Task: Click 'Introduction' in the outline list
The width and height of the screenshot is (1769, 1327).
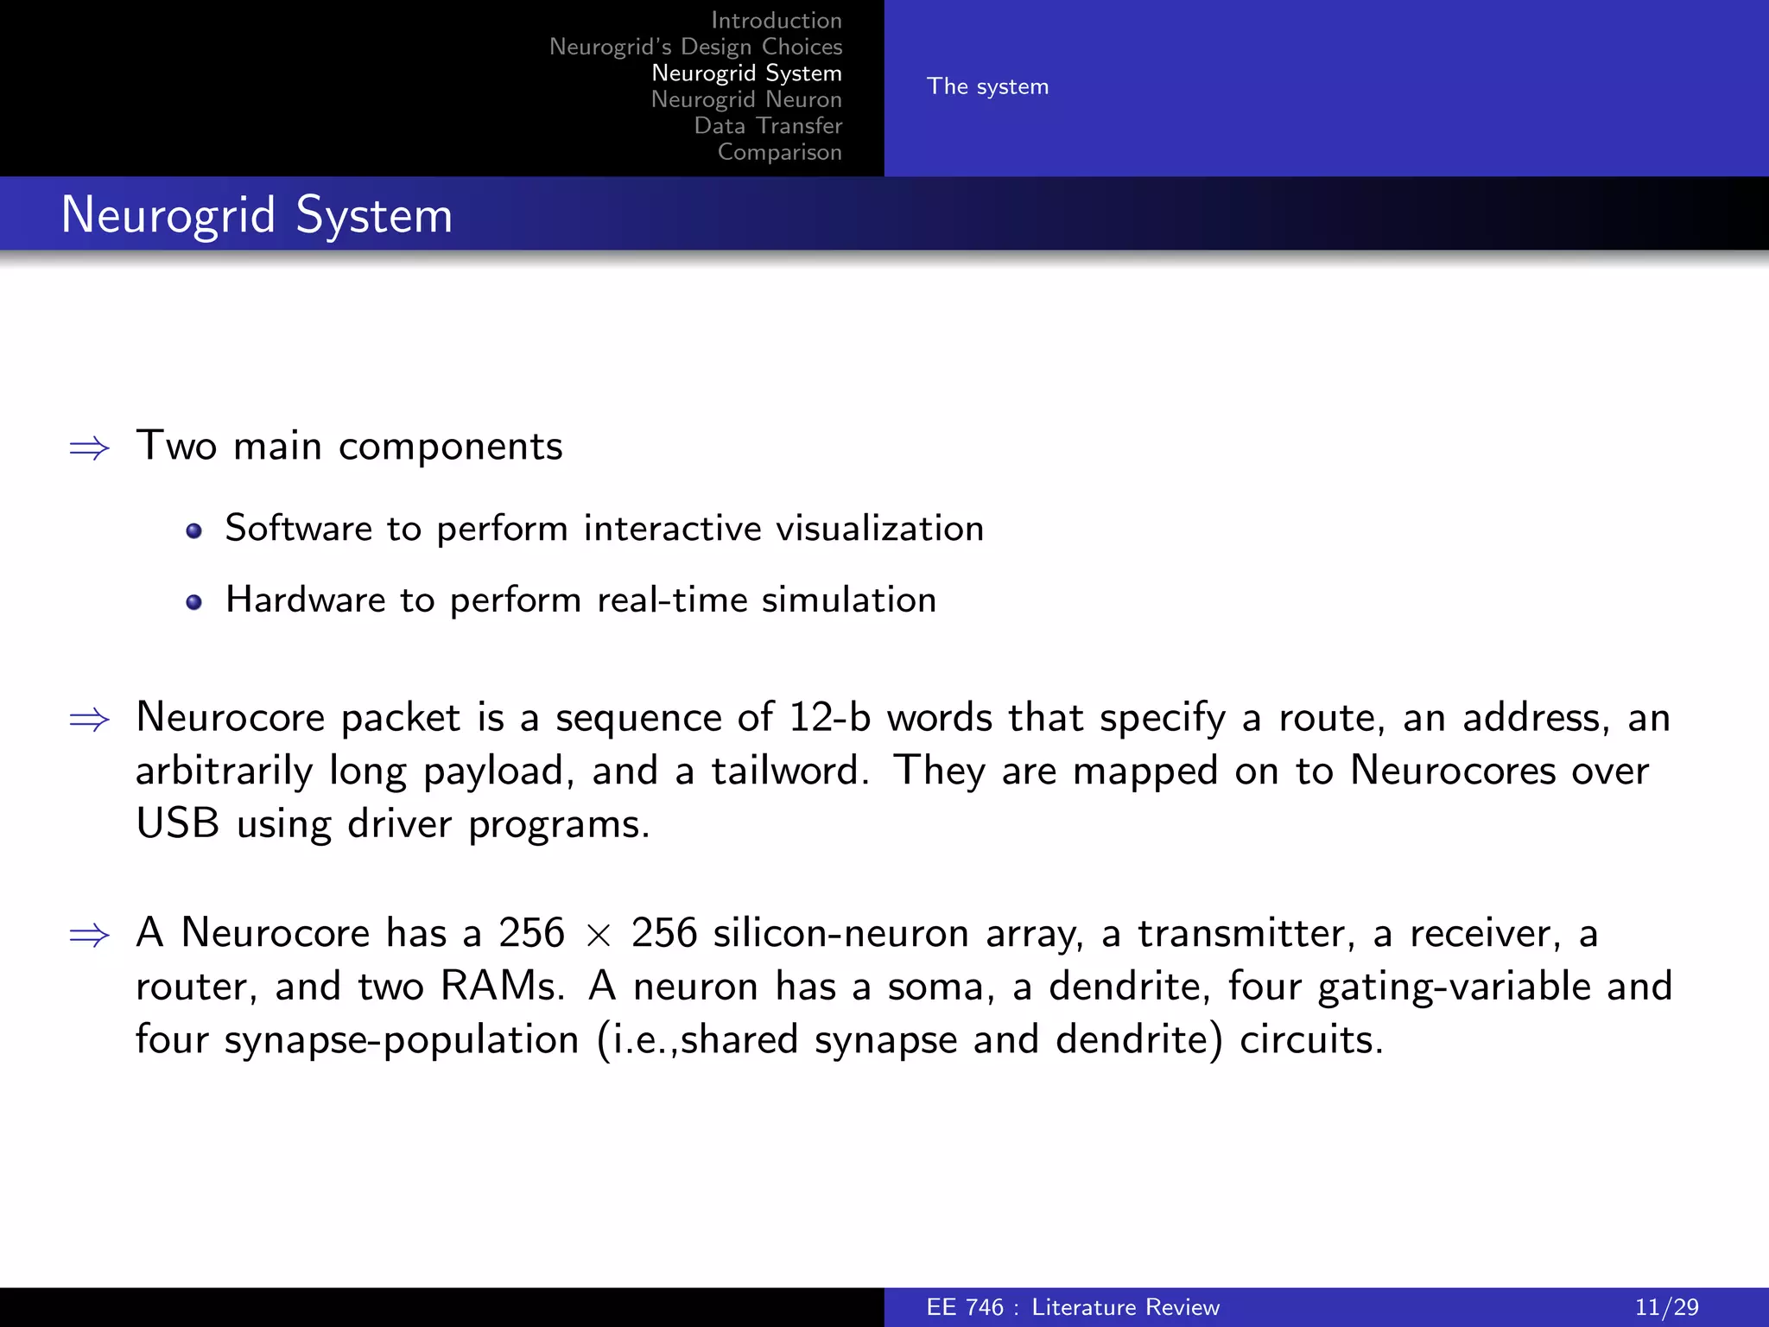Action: [x=776, y=21]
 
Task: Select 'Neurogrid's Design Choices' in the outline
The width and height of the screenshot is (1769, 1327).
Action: [x=695, y=47]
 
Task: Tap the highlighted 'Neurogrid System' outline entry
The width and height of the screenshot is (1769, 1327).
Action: [x=746, y=73]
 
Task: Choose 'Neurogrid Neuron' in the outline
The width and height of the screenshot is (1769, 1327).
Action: [x=746, y=99]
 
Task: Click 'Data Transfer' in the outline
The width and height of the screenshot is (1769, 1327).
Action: [x=768, y=126]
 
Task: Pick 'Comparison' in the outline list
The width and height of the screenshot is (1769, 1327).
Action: [x=779, y=152]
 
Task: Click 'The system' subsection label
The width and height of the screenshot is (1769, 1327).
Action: [x=987, y=86]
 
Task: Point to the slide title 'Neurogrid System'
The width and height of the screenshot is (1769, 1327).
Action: [x=257, y=215]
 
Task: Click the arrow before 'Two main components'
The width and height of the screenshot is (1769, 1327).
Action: [x=90, y=448]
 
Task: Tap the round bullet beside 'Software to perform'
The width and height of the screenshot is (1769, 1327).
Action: [x=194, y=530]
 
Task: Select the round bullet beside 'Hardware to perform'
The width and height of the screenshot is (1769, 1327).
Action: [x=194, y=602]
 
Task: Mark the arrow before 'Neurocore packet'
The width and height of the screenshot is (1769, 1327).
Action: [x=90, y=719]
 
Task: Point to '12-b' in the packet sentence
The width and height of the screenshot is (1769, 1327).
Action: [x=829, y=718]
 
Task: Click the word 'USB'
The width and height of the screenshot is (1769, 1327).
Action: [x=178, y=824]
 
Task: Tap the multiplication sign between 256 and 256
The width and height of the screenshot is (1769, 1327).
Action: [x=598, y=935]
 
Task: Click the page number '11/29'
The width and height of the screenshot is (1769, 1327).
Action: [x=1666, y=1307]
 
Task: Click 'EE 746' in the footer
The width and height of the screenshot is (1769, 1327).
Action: [x=965, y=1307]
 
